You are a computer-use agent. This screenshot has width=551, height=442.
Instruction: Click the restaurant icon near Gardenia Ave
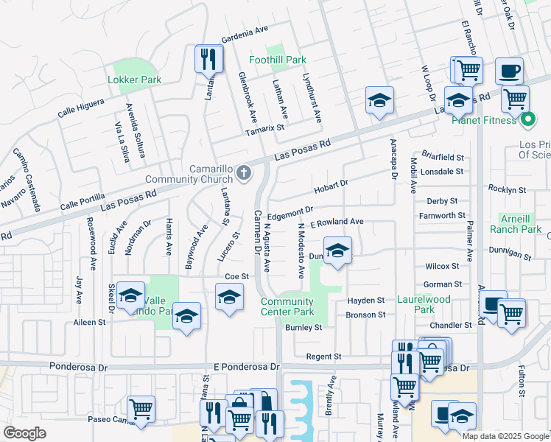(x=208, y=59)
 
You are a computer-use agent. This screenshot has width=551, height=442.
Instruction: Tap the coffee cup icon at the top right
(x=509, y=71)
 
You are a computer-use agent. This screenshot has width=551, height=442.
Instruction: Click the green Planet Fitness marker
(x=527, y=119)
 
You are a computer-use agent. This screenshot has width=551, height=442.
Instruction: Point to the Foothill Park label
(x=277, y=59)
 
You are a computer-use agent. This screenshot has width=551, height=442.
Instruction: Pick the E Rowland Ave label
(x=337, y=222)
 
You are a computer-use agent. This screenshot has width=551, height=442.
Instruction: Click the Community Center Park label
(x=287, y=306)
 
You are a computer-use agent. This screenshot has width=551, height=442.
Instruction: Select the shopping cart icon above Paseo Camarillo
(x=140, y=410)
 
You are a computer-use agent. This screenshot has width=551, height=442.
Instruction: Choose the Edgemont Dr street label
(x=286, y=214)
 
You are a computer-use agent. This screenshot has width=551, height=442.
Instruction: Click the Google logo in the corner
(x=25, y=433)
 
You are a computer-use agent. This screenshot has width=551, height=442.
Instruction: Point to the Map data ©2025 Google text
(x=505, y=436)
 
